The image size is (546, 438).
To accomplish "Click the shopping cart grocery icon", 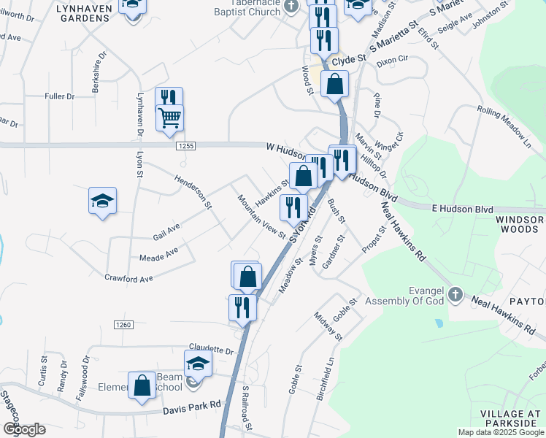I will tap(170, 117).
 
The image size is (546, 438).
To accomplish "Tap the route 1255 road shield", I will tap(186, 147).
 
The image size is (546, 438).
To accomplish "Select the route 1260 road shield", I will tap(123, 324).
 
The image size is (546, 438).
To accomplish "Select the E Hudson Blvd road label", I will tap(462, 209).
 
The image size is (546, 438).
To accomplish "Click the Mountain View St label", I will tap(261, 216).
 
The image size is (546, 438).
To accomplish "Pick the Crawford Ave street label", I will tap(128, 278).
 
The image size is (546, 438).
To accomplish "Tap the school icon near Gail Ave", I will tap(103, 201).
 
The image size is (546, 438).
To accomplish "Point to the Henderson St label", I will tap(193, 192).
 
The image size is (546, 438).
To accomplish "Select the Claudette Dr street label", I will tap(210, 350).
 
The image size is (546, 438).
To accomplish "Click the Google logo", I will tap(23, 429).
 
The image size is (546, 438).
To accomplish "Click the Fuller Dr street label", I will tap(60, 96).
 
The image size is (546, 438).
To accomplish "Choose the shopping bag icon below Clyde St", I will tap(334, 84).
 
